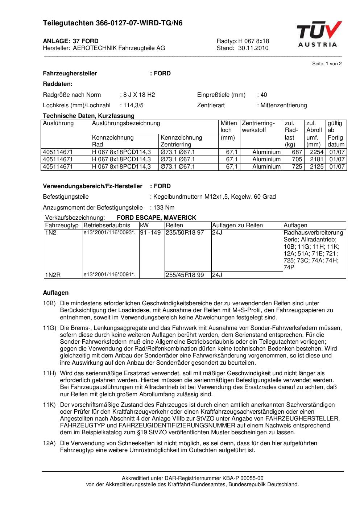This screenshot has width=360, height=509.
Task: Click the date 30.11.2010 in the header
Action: pos(253,48)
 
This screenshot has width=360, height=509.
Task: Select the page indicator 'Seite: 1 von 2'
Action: pos(327,64)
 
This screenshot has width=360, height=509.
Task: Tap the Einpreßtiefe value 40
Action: pos(264,95)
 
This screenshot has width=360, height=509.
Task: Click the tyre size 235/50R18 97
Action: pos(185,233)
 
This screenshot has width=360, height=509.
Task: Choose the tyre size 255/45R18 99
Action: pos(185,275)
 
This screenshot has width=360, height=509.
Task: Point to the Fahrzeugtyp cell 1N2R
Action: pos(53,275)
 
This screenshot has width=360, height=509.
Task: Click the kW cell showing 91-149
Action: pos(150,233)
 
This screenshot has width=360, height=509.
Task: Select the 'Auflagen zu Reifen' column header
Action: pos(237,225)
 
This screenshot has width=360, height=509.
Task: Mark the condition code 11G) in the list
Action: pos(49,328)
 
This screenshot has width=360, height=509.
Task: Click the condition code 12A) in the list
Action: pos(49,443)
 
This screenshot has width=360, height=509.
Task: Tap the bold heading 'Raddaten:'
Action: pos(58,84)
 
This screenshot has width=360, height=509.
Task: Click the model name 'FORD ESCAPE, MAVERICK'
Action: pos(156,218)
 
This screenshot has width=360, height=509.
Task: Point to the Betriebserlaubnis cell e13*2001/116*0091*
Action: pos(109,275)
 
